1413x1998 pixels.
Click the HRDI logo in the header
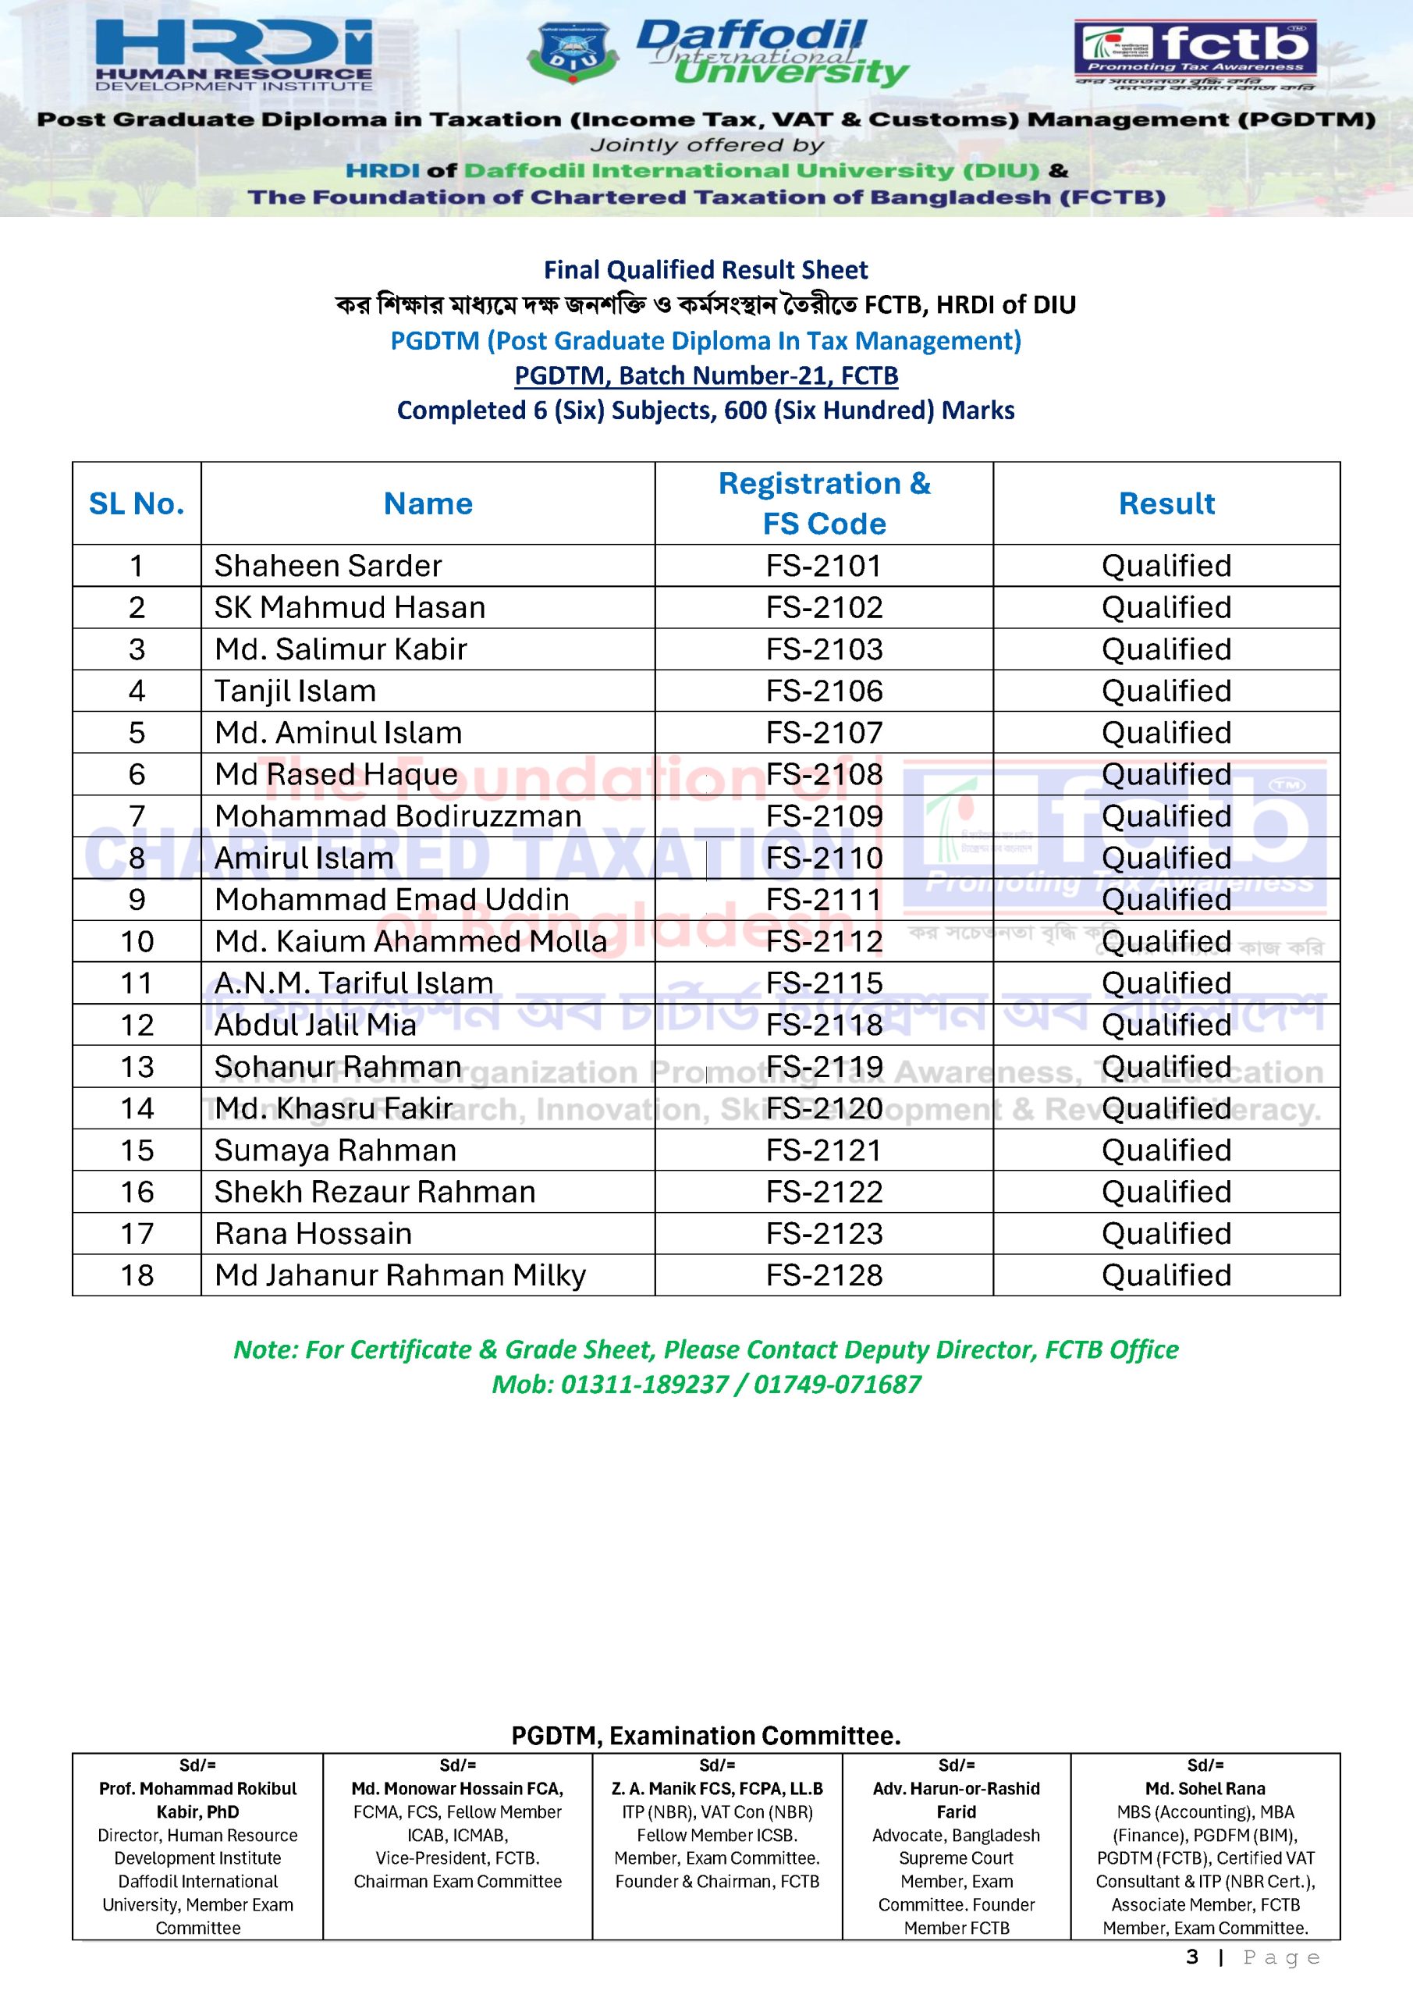233,54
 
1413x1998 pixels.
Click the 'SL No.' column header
137,504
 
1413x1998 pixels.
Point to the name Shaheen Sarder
328,566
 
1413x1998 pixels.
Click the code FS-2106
823,691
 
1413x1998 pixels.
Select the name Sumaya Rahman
335,1150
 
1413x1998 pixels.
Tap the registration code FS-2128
823,1276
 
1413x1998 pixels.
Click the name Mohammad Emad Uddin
392,900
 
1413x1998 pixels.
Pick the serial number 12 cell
137,1025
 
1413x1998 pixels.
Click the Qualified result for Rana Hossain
1166,1234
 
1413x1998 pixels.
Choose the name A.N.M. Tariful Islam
353,983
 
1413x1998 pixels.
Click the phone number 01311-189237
644,1385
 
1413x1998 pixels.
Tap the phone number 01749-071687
837,1385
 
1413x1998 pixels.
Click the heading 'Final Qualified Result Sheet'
705,270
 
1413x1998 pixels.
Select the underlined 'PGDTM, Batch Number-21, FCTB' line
705,376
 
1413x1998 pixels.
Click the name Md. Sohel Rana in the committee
1205,1788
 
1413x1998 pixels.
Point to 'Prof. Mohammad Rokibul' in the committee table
197,1788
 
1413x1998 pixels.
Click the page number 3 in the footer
1192,1957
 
